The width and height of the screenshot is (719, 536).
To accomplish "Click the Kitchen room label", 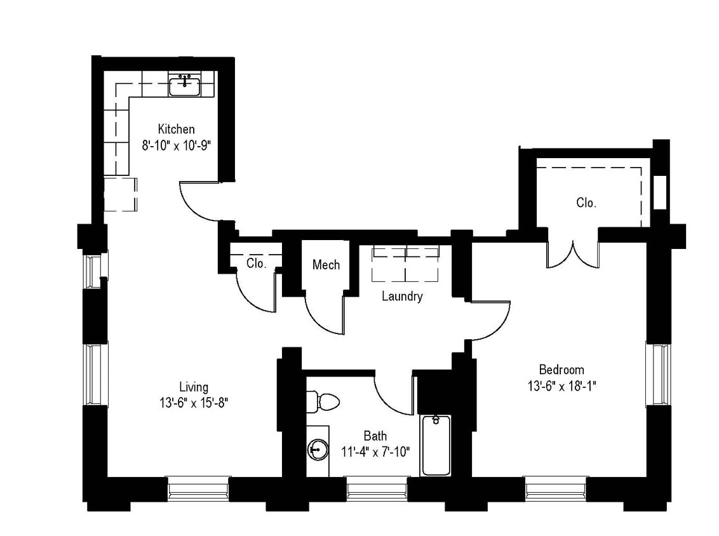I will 176,129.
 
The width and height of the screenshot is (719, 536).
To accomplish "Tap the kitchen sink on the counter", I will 185,84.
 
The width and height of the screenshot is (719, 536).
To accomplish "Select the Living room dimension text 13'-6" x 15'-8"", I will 193,403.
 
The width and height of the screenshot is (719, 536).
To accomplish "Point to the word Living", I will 193,387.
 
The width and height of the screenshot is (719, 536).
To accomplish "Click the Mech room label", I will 326,265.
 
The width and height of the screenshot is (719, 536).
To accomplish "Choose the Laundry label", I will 401,296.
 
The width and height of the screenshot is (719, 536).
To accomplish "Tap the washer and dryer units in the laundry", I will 405,262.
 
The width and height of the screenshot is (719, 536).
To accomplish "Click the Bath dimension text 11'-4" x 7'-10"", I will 375,452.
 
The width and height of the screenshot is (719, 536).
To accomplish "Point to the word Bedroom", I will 561,370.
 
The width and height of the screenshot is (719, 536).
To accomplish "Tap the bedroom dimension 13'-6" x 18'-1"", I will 561,385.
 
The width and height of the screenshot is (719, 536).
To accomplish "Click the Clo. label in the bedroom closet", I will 586,203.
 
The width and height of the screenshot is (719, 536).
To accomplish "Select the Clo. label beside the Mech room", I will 255,263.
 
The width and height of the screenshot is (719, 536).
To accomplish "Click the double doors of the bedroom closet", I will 573,254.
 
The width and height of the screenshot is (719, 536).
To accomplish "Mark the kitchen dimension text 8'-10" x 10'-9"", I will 176,145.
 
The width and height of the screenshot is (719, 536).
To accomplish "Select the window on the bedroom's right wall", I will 657,374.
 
